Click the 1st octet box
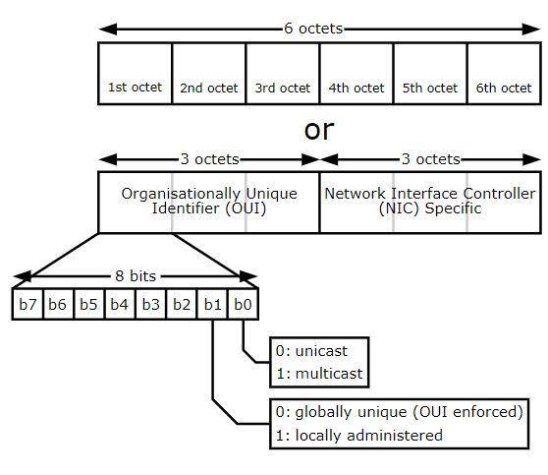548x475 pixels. pyautogui.click(x=135, y=73)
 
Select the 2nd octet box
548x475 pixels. pyautogui.click(x=208, y=73)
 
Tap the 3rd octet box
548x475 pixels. pyautogui.click(x=282, y=73)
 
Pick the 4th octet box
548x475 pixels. pyautogui.click(x=356, y=73)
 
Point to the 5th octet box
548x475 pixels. pyautogui.click(x=429, y=73)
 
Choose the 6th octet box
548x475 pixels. pyautogui.click(x=503, y=73)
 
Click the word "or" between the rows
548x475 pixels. pyautogui.click(x=319, y=131)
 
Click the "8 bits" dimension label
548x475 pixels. pyautogui.click(x=135, y=278)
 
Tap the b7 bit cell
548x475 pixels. pyautogui.click(x=27, y=304)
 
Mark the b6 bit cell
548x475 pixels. pyautogui.click(x=58, y=304)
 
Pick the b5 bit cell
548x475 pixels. pyautogui.click(x=88, y=304)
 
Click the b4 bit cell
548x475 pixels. pyautogui.click(x=119, y=304)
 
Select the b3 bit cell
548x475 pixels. pyautogui.click(x=150, y=304)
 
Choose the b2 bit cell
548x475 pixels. pyautogui.click(x=181, y=304)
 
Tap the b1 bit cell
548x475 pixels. pyautogui.click(x=211, y=304)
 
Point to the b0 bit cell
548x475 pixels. pyautogui.click(x=242, y=304)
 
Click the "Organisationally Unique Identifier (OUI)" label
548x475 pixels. pyautogui.click(x=208, y=201)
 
